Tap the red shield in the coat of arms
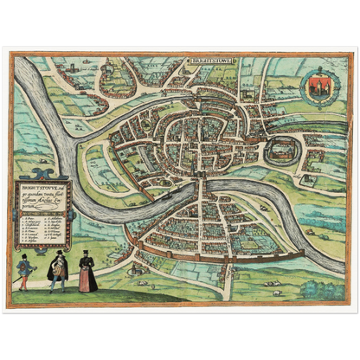[x=315, y=86]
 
